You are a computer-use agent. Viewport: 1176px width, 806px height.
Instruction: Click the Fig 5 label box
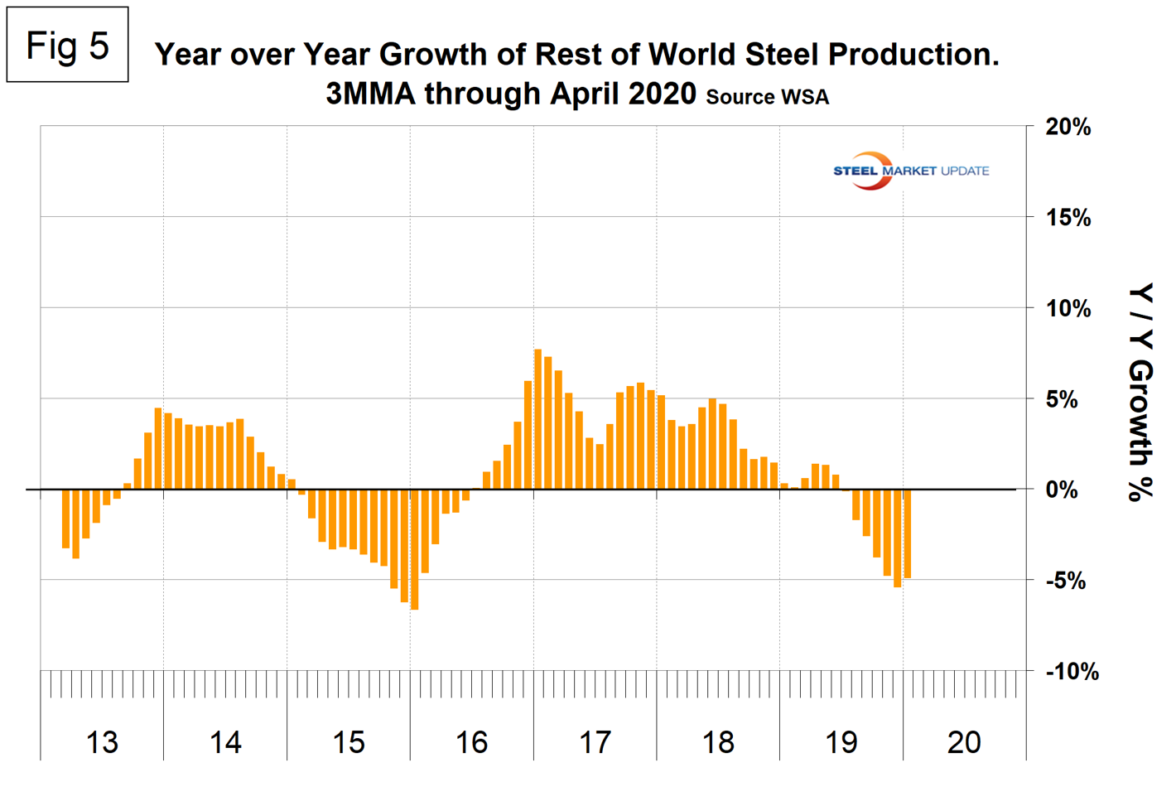click(x=67, y=45)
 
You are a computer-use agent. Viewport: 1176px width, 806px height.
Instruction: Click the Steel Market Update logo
click(x=910, y=171)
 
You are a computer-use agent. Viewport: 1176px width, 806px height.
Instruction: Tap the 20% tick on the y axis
click(x=1068, y=128)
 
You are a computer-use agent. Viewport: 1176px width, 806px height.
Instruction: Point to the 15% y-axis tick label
click(x=1068, y=218)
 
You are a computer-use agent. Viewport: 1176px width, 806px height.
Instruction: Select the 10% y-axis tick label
click(x=1068, y=309)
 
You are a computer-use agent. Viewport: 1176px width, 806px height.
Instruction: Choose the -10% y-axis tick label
click(x=1072, y=671)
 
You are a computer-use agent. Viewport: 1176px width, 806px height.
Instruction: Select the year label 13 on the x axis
click(x=102, y=742)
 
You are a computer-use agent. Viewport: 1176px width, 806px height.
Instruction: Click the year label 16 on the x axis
click(x=471, y=742)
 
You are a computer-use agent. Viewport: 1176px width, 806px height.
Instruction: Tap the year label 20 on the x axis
click(x=964, y=742)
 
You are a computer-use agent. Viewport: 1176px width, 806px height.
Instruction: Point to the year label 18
click(x=718, y=742)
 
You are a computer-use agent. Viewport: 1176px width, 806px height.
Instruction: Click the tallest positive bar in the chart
click(x=537, y=419)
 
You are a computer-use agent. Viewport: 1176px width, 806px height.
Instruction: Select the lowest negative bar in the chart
click(x=414, y=549)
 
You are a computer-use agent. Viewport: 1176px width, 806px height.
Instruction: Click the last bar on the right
click(x=908, y=533)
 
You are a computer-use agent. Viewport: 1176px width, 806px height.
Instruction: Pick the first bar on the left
click(x=65, y=519)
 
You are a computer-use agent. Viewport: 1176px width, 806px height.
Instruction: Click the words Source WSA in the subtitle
click(x=767, y=97)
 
